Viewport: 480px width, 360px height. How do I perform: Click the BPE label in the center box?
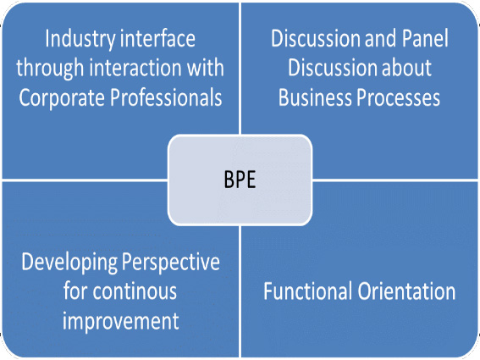point(240,180)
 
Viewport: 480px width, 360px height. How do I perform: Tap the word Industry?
point(80,40)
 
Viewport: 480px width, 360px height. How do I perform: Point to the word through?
point(50,69)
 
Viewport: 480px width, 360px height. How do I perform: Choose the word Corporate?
point(62,98)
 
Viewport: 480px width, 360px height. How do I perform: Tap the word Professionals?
point(166,97)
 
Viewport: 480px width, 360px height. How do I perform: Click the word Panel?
point(425,38)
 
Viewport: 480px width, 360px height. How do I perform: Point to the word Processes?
point(398,97)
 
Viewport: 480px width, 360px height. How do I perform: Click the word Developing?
point(69,263)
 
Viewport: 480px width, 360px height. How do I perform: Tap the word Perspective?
point(171,263)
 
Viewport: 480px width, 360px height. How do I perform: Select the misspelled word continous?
point(135,291)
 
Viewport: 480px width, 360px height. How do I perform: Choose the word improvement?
point(120,322)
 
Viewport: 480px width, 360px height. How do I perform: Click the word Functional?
point(307,291)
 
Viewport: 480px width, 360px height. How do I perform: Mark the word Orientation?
point(406,291)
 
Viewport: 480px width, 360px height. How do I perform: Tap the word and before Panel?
point(380,38)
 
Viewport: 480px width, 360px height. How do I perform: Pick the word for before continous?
point(75,291)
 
